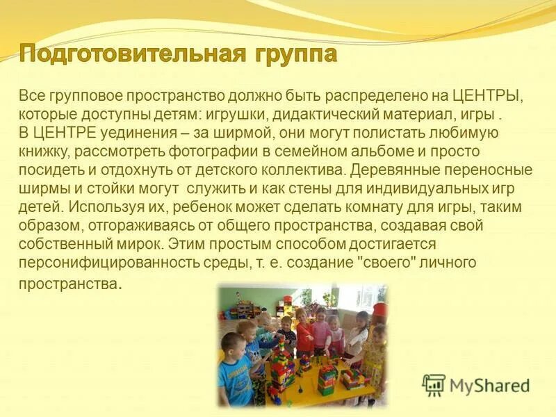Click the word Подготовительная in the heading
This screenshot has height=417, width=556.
coord(133,54)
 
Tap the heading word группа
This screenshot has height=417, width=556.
coord(295,54)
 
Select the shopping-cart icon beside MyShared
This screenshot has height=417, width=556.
coord(434,385)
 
